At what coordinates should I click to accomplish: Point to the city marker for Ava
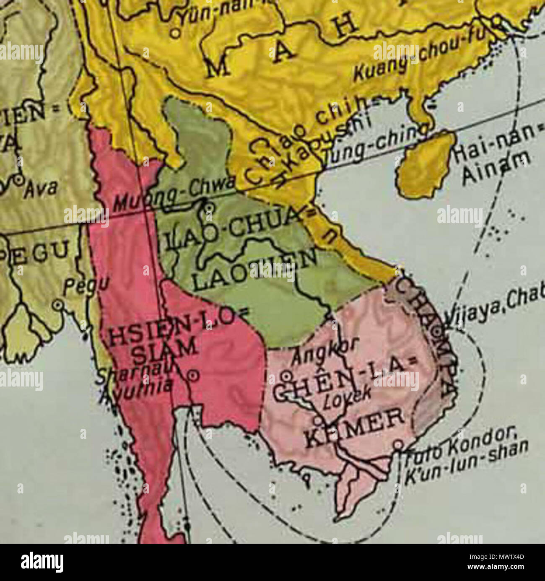pyautogui.click(x=18, y=180)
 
